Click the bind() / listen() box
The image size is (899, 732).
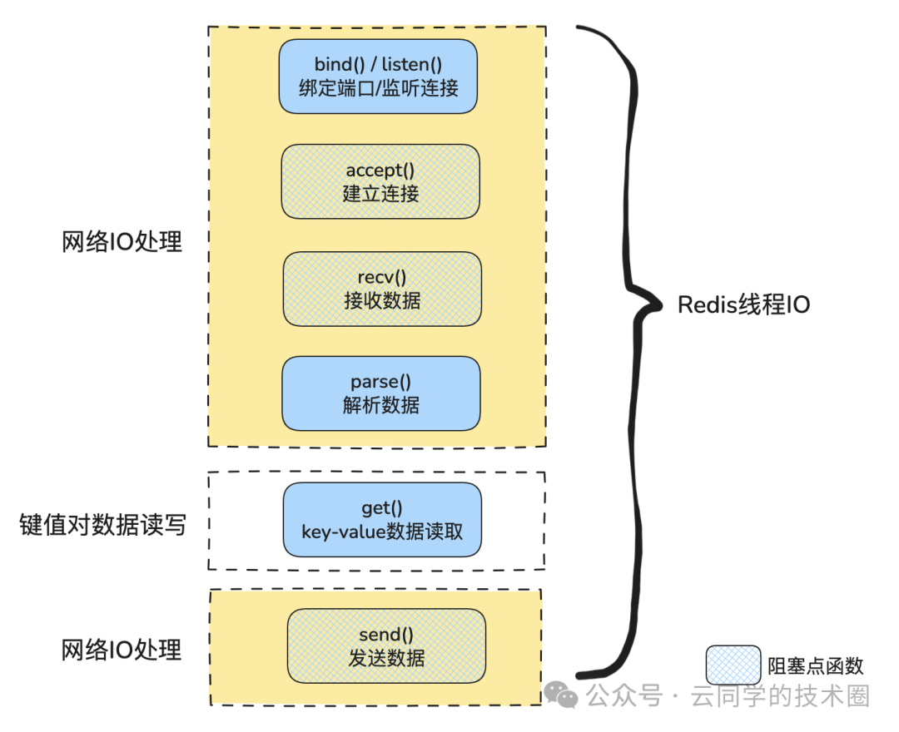377,76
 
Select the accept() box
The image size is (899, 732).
380,181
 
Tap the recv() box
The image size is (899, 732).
382,289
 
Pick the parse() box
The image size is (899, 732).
381,393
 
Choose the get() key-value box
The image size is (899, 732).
382,520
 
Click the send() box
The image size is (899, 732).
386,646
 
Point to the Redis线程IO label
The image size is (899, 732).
743,304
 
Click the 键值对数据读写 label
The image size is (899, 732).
103,525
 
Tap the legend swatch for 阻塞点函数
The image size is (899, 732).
733,665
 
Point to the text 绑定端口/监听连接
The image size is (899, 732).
378,87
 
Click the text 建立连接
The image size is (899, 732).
380,193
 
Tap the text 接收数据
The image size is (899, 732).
382,299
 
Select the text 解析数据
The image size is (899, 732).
381,405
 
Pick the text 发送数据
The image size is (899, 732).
386,658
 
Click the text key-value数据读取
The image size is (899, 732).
382,532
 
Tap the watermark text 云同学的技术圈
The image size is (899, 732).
780,695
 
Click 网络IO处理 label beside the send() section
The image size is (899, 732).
122,650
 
